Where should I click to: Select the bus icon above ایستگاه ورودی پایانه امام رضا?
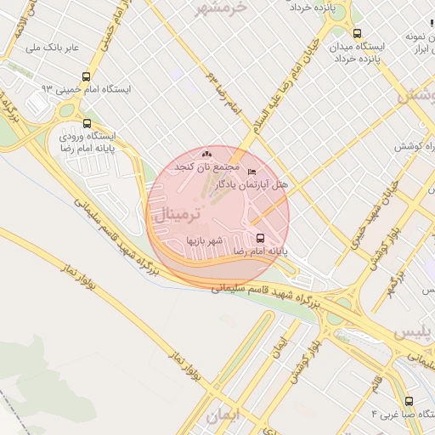87,123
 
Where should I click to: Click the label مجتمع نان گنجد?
207,167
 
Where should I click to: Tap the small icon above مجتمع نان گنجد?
207,154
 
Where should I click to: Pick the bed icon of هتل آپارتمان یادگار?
251,172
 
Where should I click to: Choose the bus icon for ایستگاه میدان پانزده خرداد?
358,33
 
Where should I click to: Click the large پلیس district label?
416,330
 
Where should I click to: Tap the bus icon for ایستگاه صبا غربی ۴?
410,401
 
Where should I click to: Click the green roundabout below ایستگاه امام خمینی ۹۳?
67,110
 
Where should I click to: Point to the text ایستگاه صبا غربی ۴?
403,414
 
